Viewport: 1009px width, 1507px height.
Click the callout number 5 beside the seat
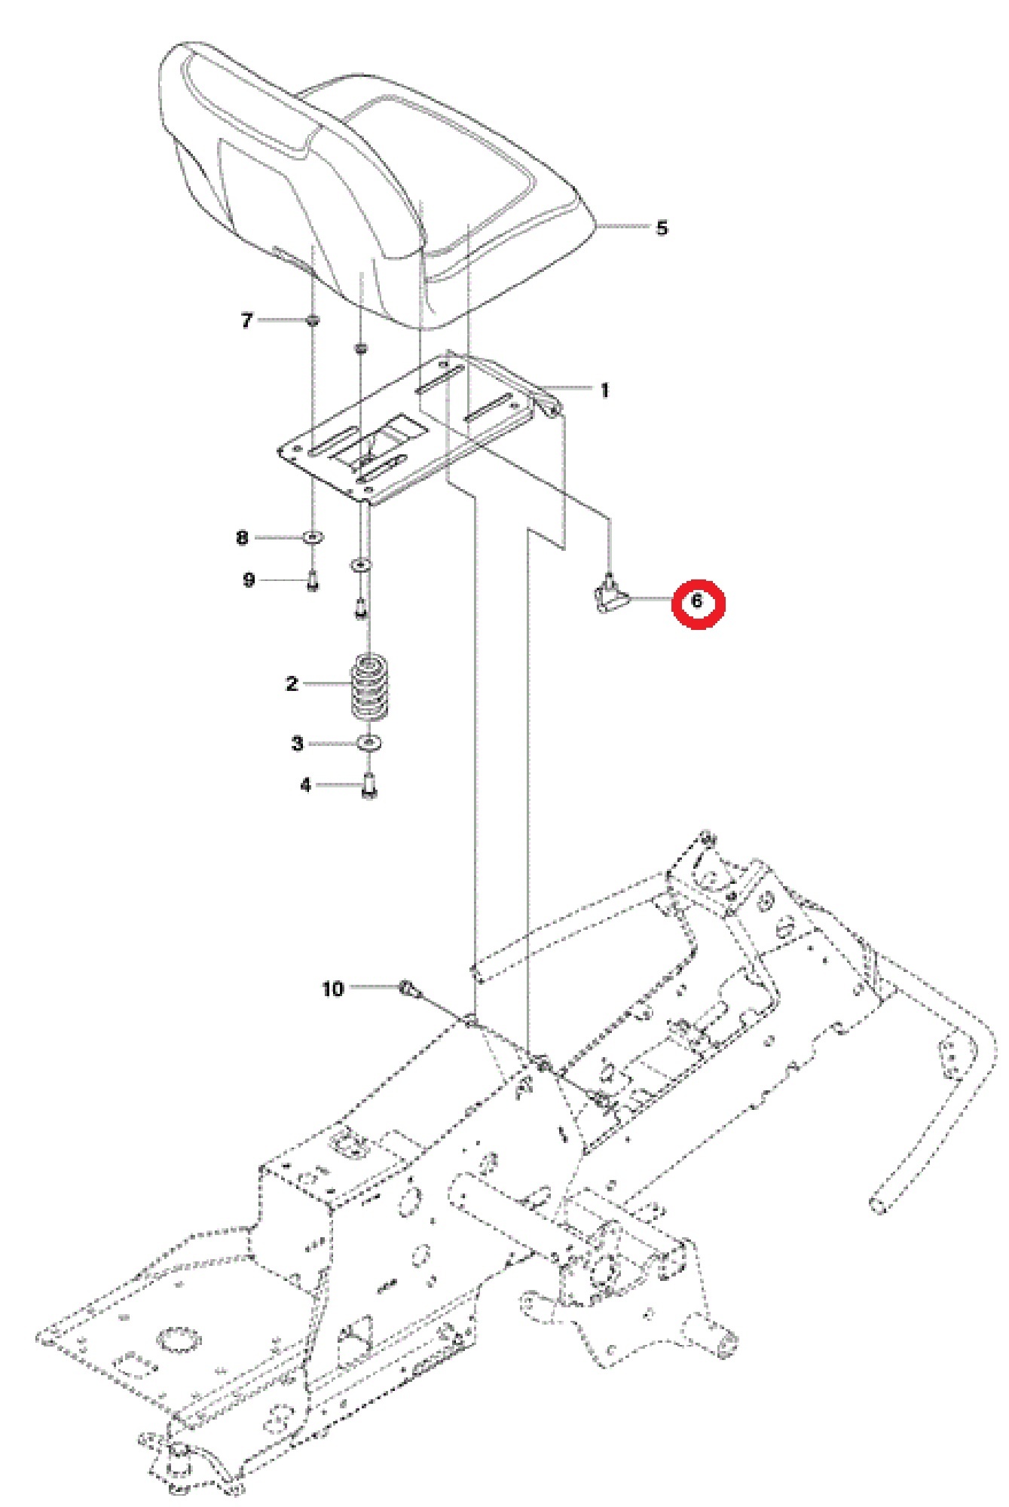(661, 228)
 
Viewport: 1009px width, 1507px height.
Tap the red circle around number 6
(698, 603)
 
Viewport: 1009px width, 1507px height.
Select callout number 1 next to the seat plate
(604, 390)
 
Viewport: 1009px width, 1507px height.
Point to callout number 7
(246, 320)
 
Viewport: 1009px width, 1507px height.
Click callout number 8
(242, 537)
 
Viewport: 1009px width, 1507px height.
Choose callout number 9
(249, 579)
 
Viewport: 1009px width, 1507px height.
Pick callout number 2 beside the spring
(292, 683)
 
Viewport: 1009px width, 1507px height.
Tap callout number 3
(297, 744)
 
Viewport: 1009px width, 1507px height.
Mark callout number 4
(305, 785)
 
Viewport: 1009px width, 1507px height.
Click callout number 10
(332, 989)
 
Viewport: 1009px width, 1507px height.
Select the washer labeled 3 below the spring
(369, 744)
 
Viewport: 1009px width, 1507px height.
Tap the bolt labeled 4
(369, 785)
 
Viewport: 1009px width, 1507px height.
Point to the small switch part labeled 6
(609, 595)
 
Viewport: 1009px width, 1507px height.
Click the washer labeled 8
(313, 537)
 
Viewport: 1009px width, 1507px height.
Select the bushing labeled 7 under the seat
(313, 321)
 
